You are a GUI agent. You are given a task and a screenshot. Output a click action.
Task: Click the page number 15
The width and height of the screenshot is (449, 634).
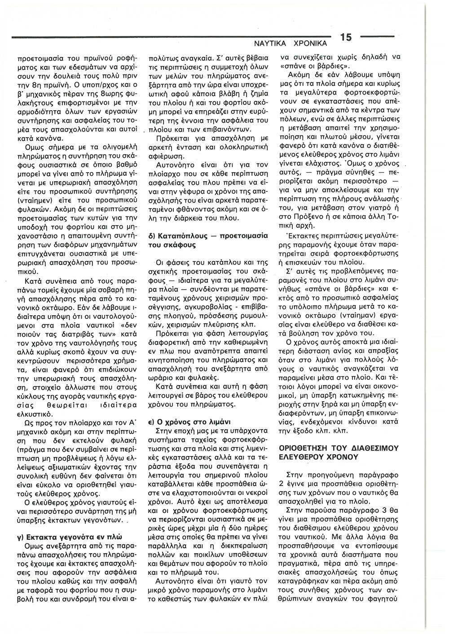click(346, 38)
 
